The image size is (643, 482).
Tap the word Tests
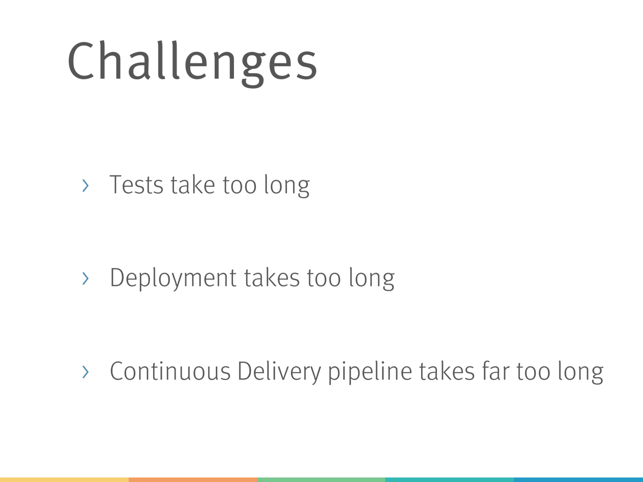pyautogui.click(x=136, y=185)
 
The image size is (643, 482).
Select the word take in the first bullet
pyautogui.click(x=193, y=184)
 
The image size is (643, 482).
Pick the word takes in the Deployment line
pyautogui.click(x=272, y=278)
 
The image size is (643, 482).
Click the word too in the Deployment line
pyautogui.click(x=324, y=278)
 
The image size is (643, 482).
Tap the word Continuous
pyautogui.click(x=170, y=371)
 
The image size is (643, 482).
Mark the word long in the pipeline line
pyautogui.click(x=581, y=372)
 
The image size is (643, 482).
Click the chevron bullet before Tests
pyautogui.click(x=86, y=186)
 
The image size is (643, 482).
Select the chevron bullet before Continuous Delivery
pyautogui.click(x=86, y=372)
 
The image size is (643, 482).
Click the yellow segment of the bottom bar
pyautogui.click(x=64, y=480)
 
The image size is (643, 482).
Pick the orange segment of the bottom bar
pyautogui.click(x=193, y=480)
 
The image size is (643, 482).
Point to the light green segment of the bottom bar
pyautogui.click(x=321, y=480)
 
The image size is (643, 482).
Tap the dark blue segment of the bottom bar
pyautogui.click(x=579, y=480)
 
